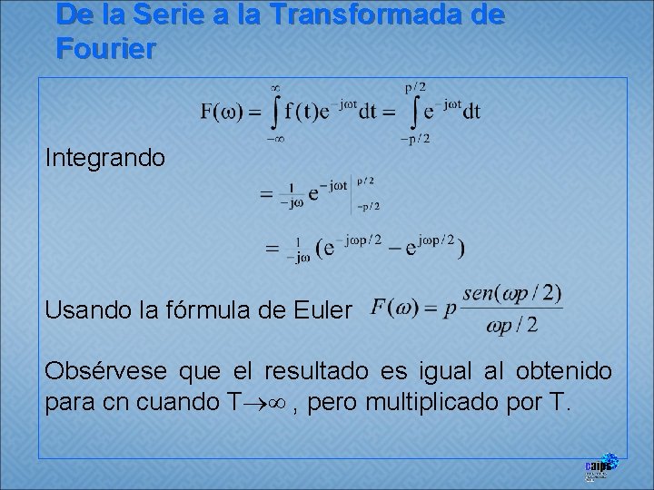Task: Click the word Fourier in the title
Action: click(x=104, y=49)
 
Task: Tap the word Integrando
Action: click(x=105, y=158)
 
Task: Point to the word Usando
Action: click(x=87, y=310)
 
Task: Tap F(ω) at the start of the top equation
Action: click(x=219, y=113)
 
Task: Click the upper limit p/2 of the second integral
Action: click(x=415, y=87)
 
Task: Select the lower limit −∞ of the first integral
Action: click(x=273, y=139)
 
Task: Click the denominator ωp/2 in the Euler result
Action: click(x=513, y=325)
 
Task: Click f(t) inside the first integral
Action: click(x=306, y=113)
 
